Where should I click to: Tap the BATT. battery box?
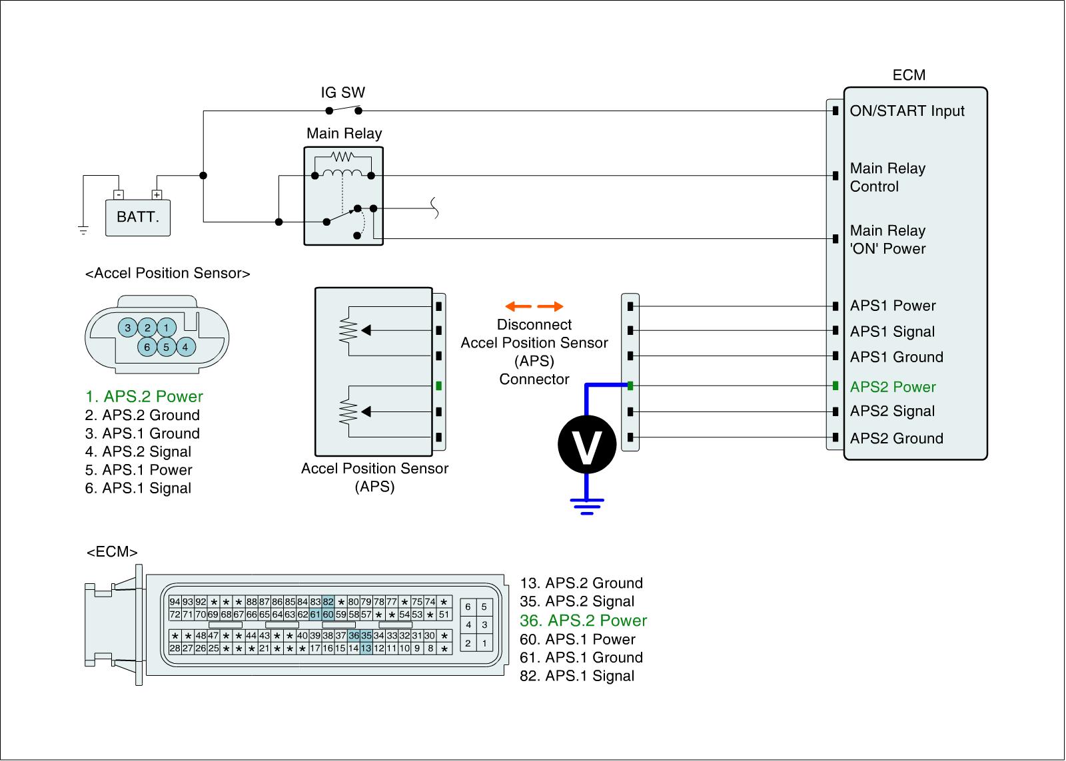tap(138, 217)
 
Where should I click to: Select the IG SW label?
tap(342, 93)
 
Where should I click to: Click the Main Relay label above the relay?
tap(344, 134)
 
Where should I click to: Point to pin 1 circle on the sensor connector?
tap(166, 327)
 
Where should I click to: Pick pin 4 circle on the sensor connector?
tap(185, 346)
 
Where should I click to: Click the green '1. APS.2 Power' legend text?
tap(144, 397)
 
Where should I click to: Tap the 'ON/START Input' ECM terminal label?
tap(907, 111)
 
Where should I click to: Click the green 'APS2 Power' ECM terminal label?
tap(893, 387)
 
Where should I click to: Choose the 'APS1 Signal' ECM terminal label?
tap(892, 332)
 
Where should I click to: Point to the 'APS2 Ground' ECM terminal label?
tap(896, 438)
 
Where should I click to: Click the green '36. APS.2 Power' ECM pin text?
tap(583, 621)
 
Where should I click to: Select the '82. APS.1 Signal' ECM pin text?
tap(577, 676)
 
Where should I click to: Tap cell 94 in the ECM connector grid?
tap(175, 602)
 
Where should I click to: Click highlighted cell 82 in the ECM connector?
tap(328, 602)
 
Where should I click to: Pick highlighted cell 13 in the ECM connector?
tap(366, 648)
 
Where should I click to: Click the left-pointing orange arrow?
tap(518, 306)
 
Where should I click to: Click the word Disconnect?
tap(534, 325)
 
